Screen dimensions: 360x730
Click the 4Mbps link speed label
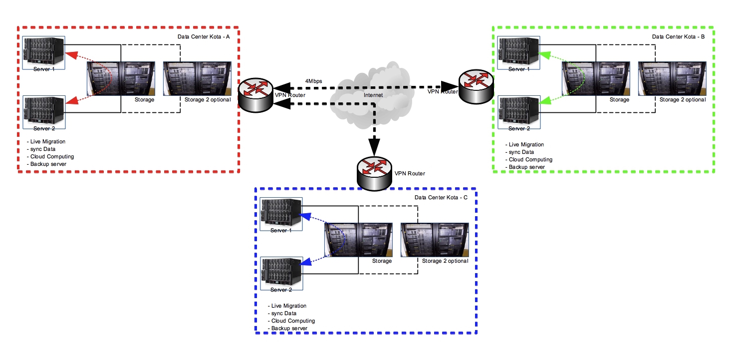[x=314, y=81]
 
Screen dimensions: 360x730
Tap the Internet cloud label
[x=373, y=94]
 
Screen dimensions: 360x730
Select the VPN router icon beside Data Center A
[x=255, y=94]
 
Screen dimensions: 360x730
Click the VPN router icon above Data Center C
[x=374, y=175]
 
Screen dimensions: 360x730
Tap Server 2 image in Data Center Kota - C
[x=281, y=272]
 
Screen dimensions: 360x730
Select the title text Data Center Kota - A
[x=204, y=37]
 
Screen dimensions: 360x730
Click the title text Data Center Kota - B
[x=678, y=37]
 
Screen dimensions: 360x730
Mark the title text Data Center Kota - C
[x=441, y=198]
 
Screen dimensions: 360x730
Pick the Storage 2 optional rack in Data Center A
[x=198, y=78]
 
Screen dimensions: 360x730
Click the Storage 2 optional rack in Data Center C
[x=435, y=240]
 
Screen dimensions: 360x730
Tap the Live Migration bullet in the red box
[x=47, y=142]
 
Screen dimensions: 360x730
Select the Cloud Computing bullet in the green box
[x=530, y=159]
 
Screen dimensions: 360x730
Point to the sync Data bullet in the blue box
[x=284, y=313]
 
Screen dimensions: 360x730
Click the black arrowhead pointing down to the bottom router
[x=375, y=147]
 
